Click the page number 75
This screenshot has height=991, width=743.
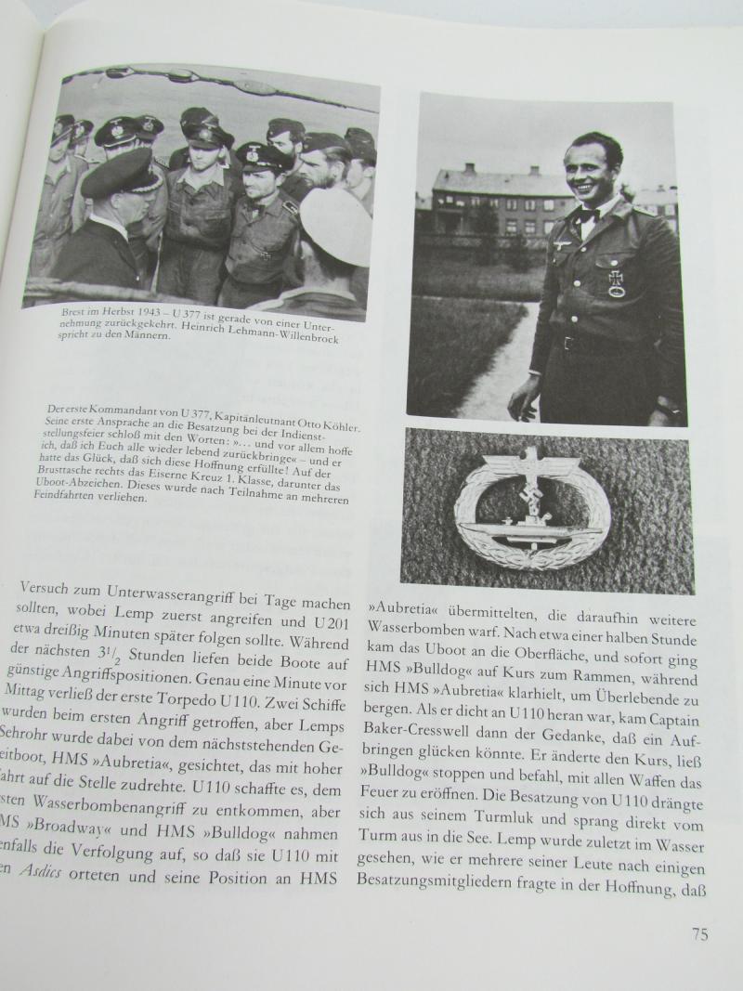pyautogui.click(x=700, y=932)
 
